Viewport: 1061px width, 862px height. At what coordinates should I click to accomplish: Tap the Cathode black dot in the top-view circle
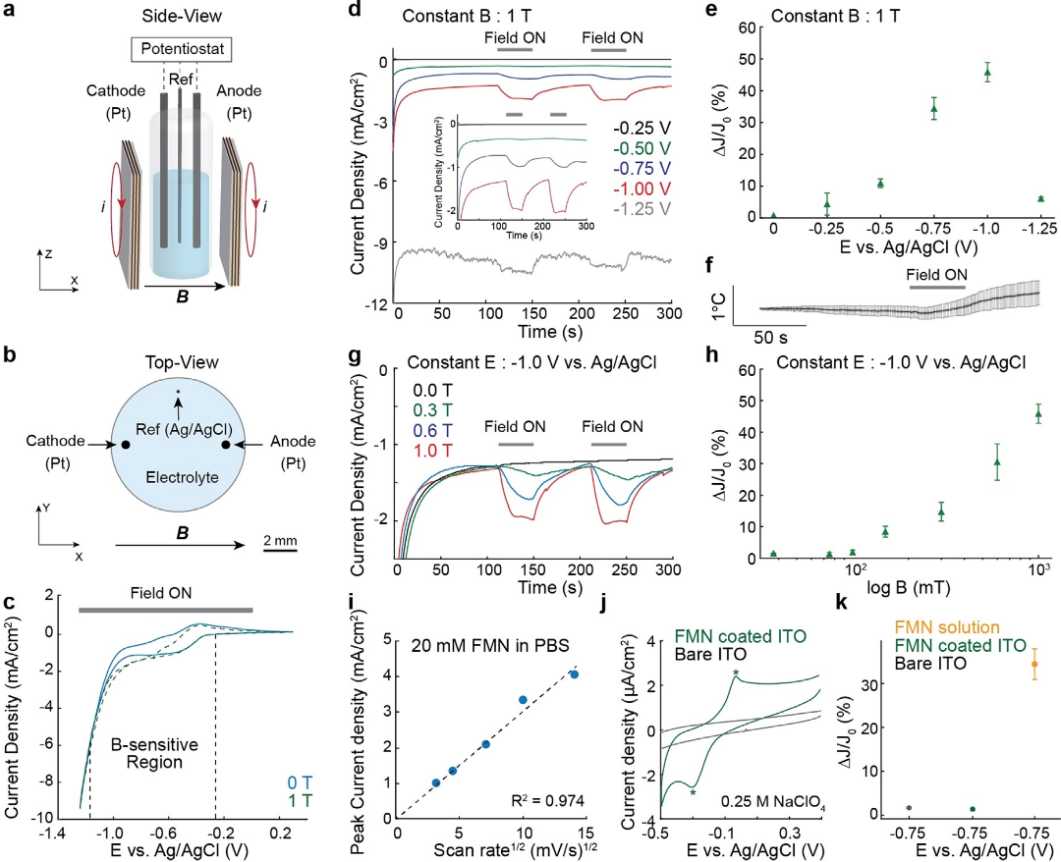[x=126, y=445]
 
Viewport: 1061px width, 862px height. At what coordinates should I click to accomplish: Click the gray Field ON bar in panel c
[x=165, y=610]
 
